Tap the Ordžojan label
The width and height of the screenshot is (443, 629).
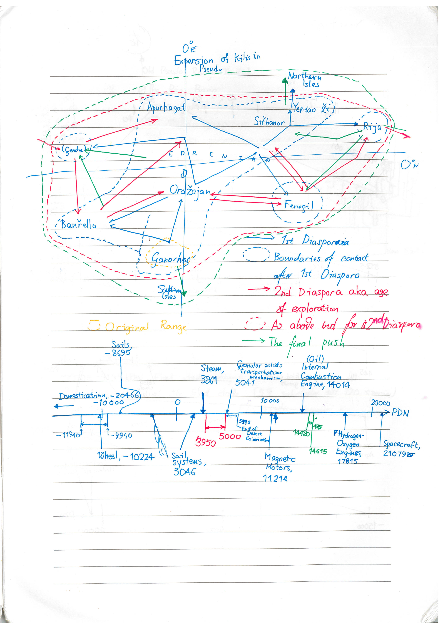click(x=190, y=191)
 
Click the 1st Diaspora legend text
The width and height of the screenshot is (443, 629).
click(x=315, y=241)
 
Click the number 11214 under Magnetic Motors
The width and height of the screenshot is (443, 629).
click(x=275, y=478)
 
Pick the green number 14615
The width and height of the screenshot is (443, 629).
click(x=318, y=451)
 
